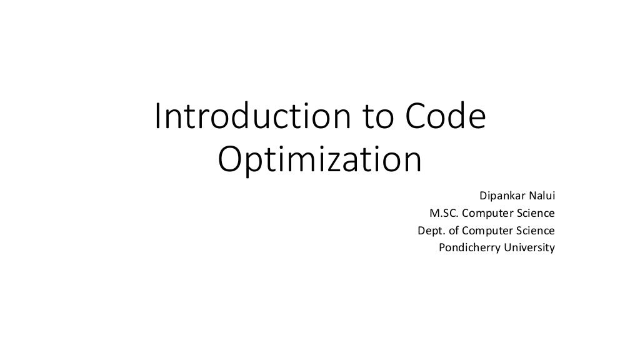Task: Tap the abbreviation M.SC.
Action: [442, 213]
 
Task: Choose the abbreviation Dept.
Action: [429, 230]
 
